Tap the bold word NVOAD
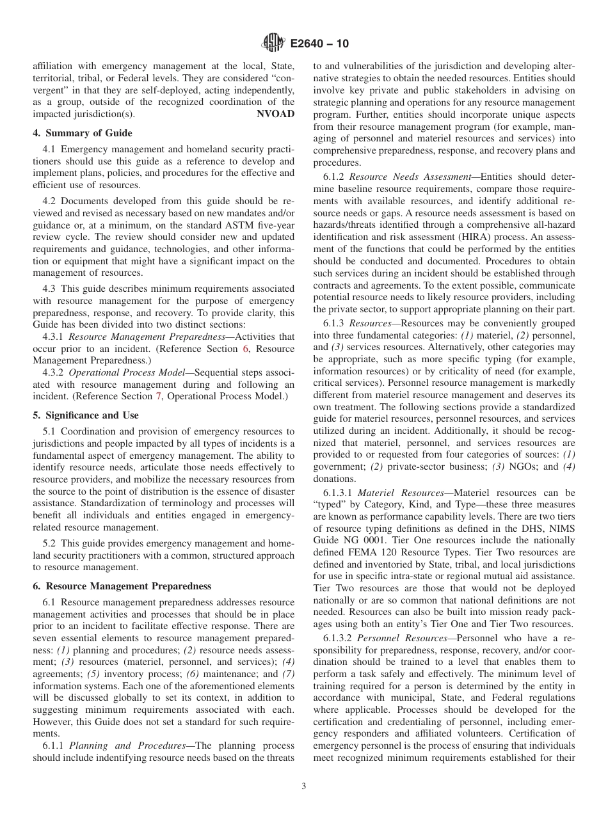275,114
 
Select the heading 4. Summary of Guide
83,133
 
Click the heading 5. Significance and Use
85,415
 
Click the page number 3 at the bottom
304,786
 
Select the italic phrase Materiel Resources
400,493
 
